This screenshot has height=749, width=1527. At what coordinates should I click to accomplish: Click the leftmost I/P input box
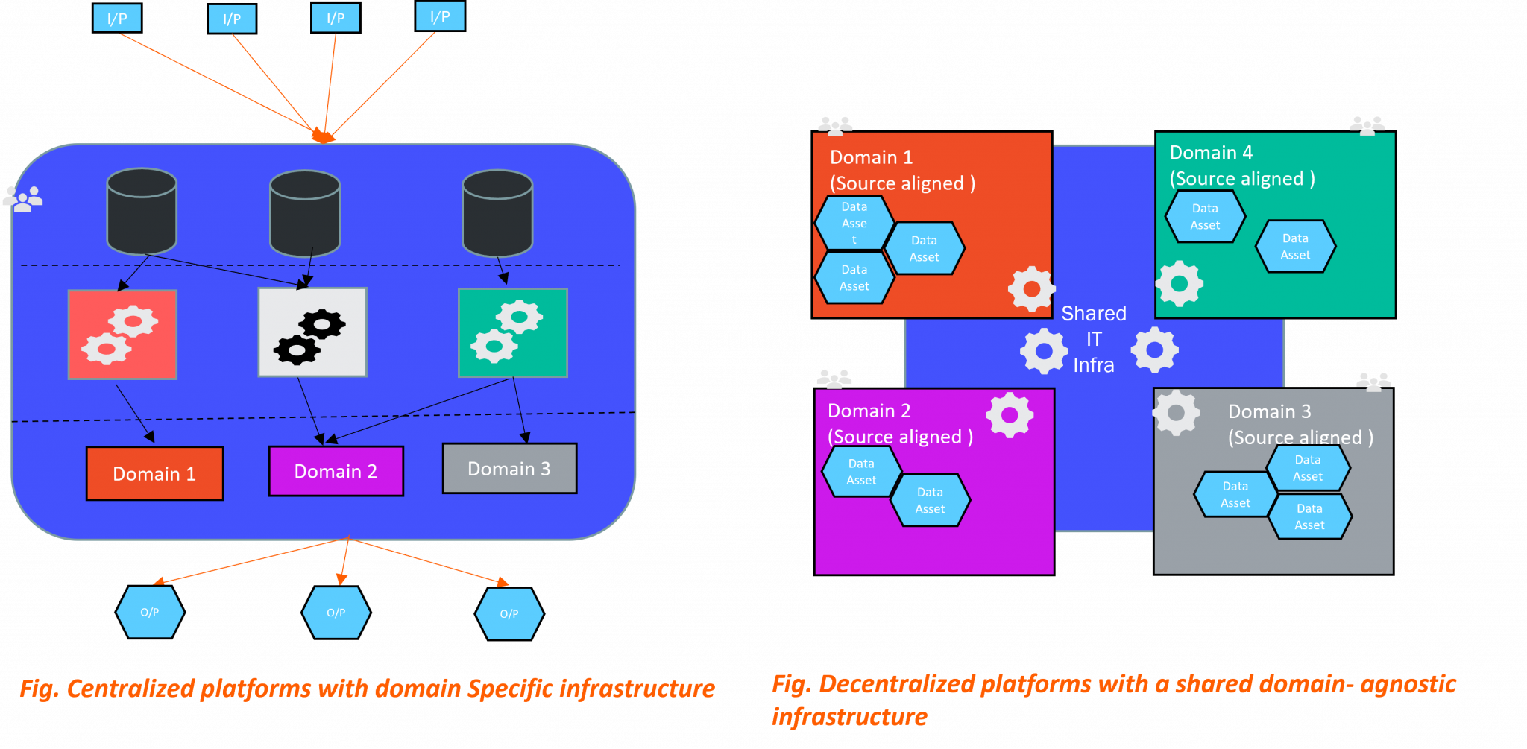[117, 19]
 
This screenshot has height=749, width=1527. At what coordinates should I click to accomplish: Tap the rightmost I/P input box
[440, 16]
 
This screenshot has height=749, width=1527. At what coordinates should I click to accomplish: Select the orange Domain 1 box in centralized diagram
[154, 473]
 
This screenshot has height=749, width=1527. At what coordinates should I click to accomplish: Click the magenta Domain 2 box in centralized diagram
[336, 471]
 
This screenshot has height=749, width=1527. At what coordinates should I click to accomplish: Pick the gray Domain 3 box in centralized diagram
[509, 469]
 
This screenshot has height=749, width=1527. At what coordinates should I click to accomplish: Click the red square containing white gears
[122, 335]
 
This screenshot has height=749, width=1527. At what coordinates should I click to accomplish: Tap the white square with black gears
[312, 332]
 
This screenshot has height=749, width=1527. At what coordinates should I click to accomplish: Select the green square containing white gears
[512, 332]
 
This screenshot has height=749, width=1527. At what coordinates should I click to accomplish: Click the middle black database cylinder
[305, 213]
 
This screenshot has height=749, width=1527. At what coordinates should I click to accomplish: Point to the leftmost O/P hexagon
[150, 612]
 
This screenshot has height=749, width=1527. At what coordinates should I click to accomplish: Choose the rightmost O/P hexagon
[509, 613]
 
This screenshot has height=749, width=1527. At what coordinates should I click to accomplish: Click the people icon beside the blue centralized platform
[22, 199]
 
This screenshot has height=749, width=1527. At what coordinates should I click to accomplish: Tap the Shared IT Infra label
[1093, 339]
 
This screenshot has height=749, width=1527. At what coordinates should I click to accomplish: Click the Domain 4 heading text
[1211, 153]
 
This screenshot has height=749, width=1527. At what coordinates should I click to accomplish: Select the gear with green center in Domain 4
[1179, 284]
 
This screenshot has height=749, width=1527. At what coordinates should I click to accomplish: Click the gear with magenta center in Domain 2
[1010, 415]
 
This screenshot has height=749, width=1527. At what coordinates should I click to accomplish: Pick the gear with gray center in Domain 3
[1176, 412]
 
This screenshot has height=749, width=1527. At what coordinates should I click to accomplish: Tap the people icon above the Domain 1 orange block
[835, 125]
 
